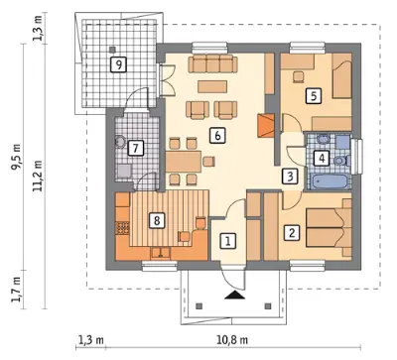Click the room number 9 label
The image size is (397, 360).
(x=119, y=64)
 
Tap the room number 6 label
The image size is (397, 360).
(x=217, y=136)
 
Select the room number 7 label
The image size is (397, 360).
(x=135, y=148)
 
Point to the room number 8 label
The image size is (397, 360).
(x=157, y=220)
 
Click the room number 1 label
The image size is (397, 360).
(x=228, y=241)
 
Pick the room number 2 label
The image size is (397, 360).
(x=292, y=232)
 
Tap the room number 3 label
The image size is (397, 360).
(x=290, y=177)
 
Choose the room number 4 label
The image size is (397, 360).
(x=322, y=158)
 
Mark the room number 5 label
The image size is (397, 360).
(x=314, y=96)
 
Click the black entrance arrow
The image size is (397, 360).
(x=235, y=296)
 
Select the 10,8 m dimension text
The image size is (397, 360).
(x=232, y=339)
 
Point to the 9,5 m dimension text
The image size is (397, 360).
(x=16, y=157)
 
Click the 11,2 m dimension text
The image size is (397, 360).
(x=38, y=176)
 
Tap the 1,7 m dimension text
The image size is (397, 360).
(x=16, y=290)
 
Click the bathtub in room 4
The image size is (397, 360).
(x=329, y=181)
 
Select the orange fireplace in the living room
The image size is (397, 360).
(x=266, y=125)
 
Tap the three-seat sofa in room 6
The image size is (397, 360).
(x=213, y=63)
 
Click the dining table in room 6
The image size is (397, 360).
(x=184, y=162)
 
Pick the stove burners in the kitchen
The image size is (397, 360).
(x=122, y=228)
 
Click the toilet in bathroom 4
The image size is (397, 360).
(x=341, y=161)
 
